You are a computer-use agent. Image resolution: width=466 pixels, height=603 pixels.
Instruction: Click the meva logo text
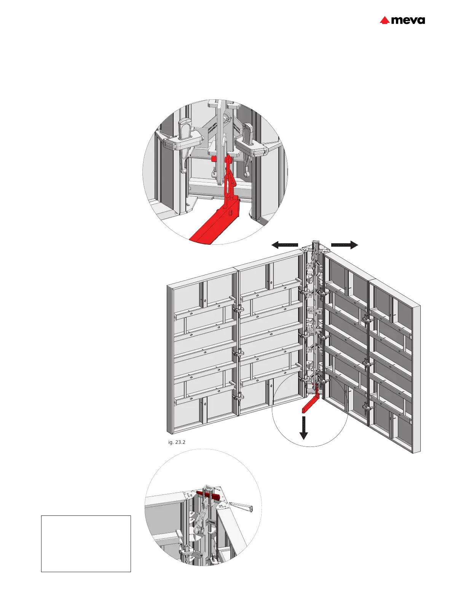pyautogui.click(x=408, y=20)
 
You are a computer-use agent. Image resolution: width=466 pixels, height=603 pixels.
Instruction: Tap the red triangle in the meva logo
pyautogui.click(x=385, y=21)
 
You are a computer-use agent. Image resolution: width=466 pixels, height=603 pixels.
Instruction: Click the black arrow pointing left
pyautogui.click(x=284, y=245)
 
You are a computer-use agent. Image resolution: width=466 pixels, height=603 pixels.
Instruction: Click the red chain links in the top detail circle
pyautogui.click(x=231, y=179)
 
